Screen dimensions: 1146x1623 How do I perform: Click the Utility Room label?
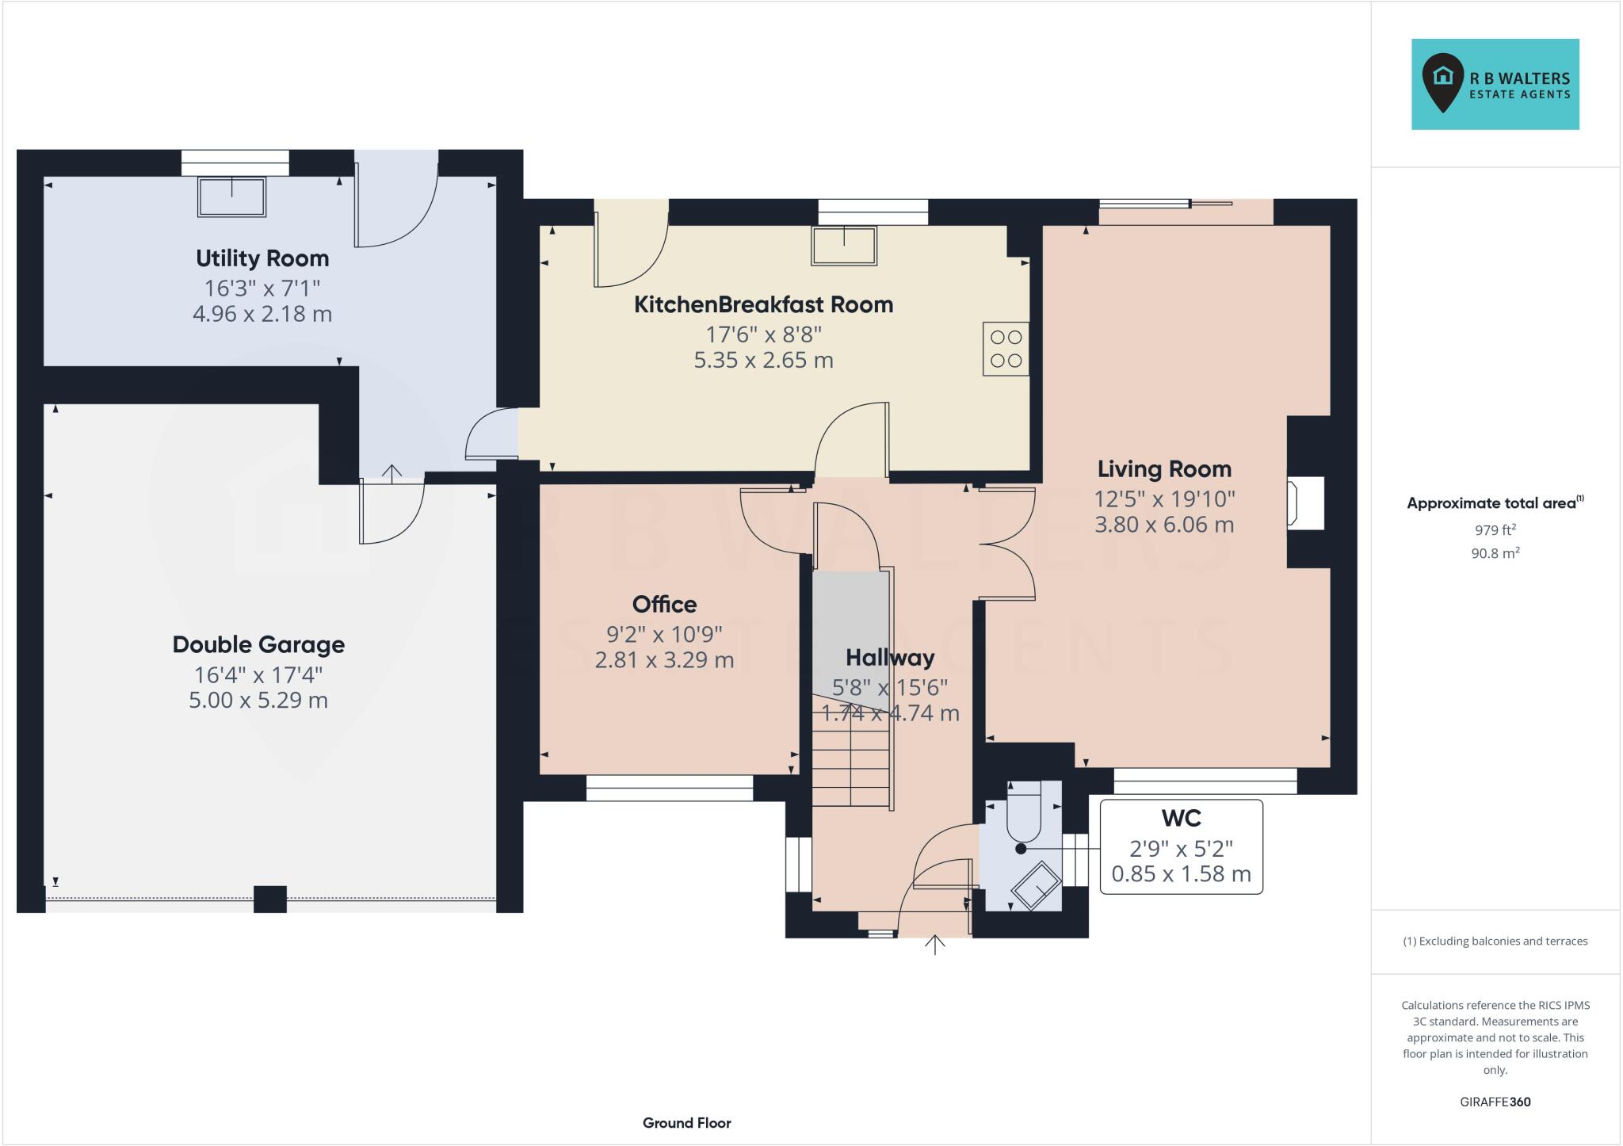click(x=262, y=258)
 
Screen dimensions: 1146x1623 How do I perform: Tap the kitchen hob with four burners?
click(x=1006, y=348)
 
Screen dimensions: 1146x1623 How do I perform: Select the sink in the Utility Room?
click(x=231, y=197)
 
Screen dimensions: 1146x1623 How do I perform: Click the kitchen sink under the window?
click(x=844, y=245)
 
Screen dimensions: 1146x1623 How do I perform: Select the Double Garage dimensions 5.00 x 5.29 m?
click(x=258, y=701)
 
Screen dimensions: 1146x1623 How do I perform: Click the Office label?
click(x=664, y=605)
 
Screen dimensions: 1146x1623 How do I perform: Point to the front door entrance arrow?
click(x=935, y=945)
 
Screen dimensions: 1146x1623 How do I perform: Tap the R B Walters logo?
click(x=1495, y=85)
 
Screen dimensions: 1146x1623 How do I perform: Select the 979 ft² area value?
click(x=1495, y=530)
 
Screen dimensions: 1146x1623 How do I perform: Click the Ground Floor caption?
click(x=686, y=1123)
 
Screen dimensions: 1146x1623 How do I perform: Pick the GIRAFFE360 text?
click(x=1495, y=1102)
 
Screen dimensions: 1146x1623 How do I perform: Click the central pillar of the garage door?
click(x=269, y=899)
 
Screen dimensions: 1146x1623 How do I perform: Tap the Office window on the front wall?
click(x=669, y=788)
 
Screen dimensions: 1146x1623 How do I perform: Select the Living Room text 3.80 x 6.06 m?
click(x=1164, y=525)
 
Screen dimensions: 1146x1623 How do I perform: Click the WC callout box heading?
click(x=1181, y=818)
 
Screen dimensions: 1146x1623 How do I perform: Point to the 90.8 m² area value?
click(x=1495, y=553)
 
